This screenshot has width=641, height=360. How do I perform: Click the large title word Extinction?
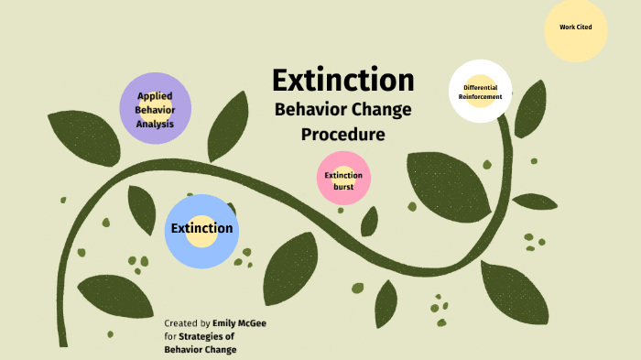[342, 81]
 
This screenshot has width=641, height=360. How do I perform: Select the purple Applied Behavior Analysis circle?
[156, 108]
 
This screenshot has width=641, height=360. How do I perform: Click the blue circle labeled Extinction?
[201, 229]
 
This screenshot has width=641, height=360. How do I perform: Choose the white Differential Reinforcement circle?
[480, 91]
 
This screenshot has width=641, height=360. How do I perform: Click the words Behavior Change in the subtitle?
[342, 110]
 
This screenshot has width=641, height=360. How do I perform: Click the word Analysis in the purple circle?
[156, 124]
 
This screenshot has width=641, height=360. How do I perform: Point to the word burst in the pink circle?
[343, 186]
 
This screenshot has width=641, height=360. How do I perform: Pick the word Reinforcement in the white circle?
[480, 96]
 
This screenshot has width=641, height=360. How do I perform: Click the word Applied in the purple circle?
[156, 95]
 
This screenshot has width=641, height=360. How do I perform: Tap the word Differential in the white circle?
[480, 87]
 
